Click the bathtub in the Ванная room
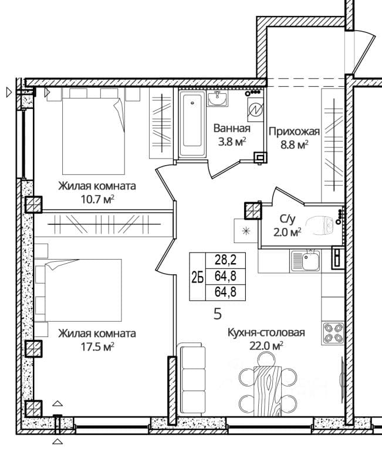pyautogui.click(x=192, y=124)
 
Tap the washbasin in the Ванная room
pyautogui.click(x=217, y=99)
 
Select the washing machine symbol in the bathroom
pyautogui.click(x=255, y=109)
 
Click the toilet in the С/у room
pyautogui.click(x=320, y=225)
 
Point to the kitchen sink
pyautogui.click(x=305, y=261)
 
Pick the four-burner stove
pyautogui.click(x=333, y=333)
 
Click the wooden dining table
pyautogui.click(x=268, y=391)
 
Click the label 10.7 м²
pyautogui.click(x=97, y=199)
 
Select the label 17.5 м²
pyautogui.click(x=97, y=346)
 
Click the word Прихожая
pyautogui.click(x=294, y=132)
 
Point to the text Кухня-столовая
pyautogui.click(x=266, y=332)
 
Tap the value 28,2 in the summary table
pyautogui.click(x=226, y=260)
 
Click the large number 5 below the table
pyautogui.click(x=218, y=314)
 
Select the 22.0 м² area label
pyautogui.click(x=266, y=345)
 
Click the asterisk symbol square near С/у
pyautogui.click(x=246, y=231)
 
